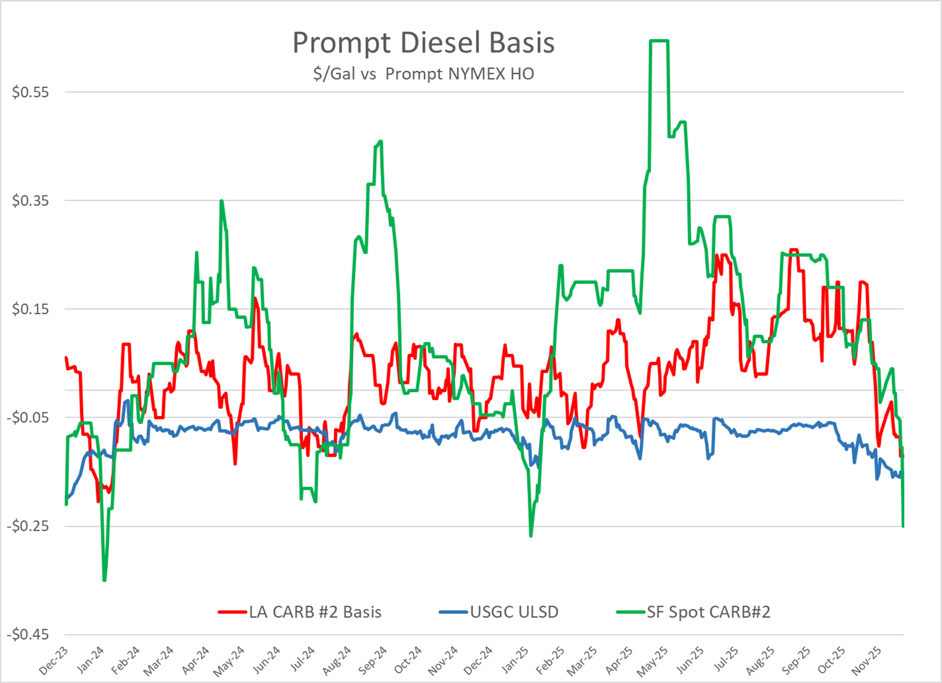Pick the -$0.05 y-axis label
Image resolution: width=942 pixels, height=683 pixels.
tap(28, 417)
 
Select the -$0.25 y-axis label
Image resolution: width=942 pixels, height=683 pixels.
tap(28, 526)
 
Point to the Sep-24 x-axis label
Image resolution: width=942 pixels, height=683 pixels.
tap(373, 661)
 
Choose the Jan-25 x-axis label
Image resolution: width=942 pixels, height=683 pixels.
tap(515, 661)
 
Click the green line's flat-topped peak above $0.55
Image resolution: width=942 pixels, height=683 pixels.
tap(659, 41)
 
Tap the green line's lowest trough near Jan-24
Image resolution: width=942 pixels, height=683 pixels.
tap(104, 580)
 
